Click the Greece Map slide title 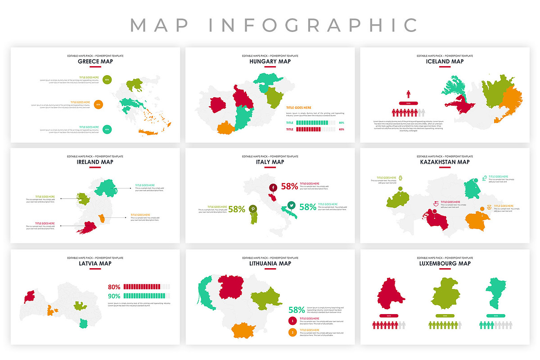95,62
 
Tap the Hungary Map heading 270,62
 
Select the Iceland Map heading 445,62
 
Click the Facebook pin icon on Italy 273,187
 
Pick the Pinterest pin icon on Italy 253,209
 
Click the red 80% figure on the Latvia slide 114,287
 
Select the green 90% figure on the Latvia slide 114,296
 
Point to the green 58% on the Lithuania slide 297,310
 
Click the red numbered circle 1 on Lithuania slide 292,321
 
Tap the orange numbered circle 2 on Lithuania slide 292,333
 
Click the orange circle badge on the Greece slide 98,105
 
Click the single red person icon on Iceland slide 409,94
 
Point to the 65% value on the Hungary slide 341,129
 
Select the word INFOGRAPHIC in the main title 314,25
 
